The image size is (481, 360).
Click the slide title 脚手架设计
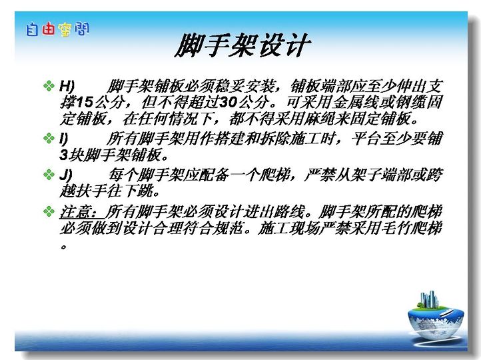(243, 45)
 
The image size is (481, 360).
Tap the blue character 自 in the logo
(32, 30)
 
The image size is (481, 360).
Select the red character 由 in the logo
(49, 29)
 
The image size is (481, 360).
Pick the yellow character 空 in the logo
(65, 30)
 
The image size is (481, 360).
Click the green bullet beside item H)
(49, 85)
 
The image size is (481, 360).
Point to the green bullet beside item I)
(49, 138)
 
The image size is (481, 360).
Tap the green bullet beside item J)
(49, 175)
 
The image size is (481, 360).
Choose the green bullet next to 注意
(49, 211)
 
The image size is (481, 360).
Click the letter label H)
(67, 86)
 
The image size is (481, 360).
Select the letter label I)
(63, 139)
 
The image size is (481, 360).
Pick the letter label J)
(66, 175)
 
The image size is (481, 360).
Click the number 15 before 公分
(84, 103)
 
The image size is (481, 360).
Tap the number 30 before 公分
(229, 103)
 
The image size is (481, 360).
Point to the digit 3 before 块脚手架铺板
(63, 155)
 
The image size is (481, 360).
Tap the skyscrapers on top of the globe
(428, 299)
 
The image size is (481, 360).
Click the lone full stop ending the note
(63, 247)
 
